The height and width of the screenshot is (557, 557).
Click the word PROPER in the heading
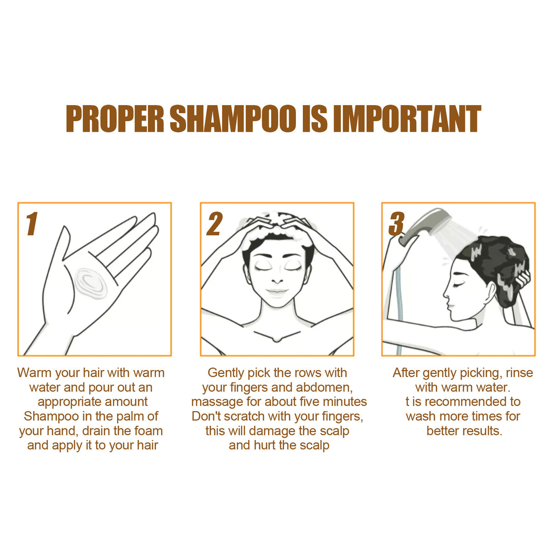pyautogui.click(x=115, y=119)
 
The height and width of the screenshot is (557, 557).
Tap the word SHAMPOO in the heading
pyautogui.click(x=233, y=119)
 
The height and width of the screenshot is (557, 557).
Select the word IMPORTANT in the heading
pyautogui.click(x=407, y=119)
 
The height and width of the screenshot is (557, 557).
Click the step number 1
pyautogui.click(x=32, y=224)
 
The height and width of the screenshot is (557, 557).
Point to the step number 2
pyautogui.click(x=214, y=224)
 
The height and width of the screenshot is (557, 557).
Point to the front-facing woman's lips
pyautogui.click(x=277, y=292)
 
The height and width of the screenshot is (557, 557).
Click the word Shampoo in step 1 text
pyautogui.click(x=51, y=417)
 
